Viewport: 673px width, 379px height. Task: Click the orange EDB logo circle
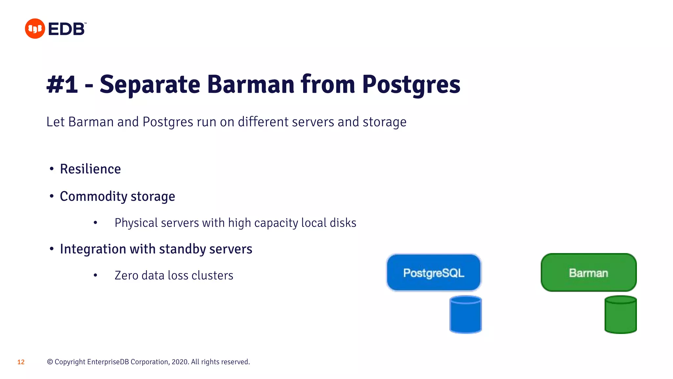point(35,29)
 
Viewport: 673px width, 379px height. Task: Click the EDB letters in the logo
point(67,29)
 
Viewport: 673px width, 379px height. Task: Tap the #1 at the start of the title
point(62,84)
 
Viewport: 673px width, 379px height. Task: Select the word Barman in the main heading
point(251,84)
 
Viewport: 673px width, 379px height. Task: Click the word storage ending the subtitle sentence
point(384,122)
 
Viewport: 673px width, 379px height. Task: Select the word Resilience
point(90,169)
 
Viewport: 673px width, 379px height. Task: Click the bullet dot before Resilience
point(52,169)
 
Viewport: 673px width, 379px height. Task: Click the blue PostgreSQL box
point(433,272)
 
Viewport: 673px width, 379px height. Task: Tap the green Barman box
point(588,272)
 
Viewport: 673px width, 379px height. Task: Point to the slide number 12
point(21,362)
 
